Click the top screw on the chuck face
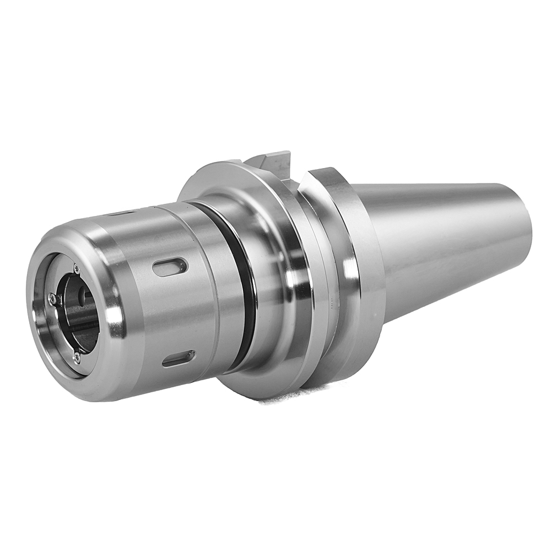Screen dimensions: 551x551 (76, 269)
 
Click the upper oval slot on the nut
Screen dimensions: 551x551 (170, 267)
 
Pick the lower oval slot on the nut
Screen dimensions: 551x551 (178, 359)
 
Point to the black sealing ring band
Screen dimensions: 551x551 (242, 287)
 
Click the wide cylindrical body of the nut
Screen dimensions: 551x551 (165, 314)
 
